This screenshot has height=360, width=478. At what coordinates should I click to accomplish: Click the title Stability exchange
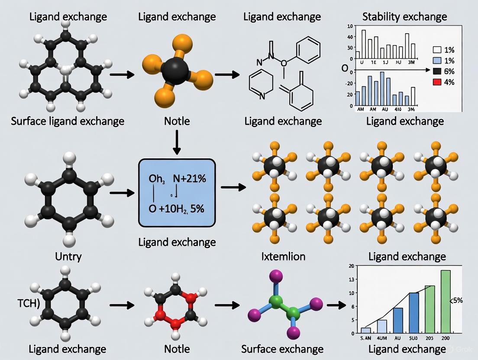(x=404, y=17)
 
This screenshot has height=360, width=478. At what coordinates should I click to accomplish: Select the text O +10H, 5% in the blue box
(x=176, y=208)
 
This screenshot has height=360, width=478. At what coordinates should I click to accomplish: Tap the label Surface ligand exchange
(x=67, y=121)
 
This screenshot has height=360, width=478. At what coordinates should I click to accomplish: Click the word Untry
(x=68, y=256)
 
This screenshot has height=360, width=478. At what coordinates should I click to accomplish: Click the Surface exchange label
(x=282, y=349)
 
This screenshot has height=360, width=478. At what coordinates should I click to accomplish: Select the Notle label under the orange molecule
(x=177, y=121)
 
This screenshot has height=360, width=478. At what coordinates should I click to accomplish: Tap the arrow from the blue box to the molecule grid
(x=233, y=187)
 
